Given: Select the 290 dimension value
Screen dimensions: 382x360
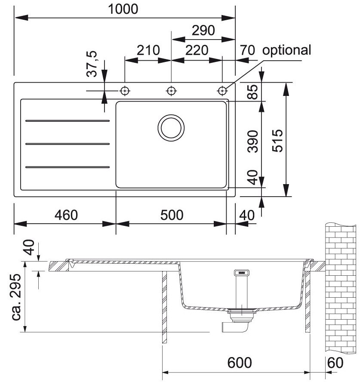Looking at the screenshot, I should click(x=203, y=31).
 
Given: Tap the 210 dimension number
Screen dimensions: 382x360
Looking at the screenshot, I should click(x=148, y=50).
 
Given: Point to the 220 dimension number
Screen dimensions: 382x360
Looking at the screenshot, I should click(x=197, y=50).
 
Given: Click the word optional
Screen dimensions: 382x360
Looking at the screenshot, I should click(x=286, y=50).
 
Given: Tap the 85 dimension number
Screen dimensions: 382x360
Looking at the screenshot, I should click(x=253, y=91).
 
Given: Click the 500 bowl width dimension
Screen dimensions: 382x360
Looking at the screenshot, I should click(x=171, y=214).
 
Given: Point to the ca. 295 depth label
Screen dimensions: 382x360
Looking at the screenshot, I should click(x=17, y=297).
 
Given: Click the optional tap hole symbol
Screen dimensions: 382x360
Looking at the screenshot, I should click(x=222, y=91).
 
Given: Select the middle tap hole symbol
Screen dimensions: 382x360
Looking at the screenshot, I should click(x=171, y=91).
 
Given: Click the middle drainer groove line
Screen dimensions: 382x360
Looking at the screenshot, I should click(x=68, y=143).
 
